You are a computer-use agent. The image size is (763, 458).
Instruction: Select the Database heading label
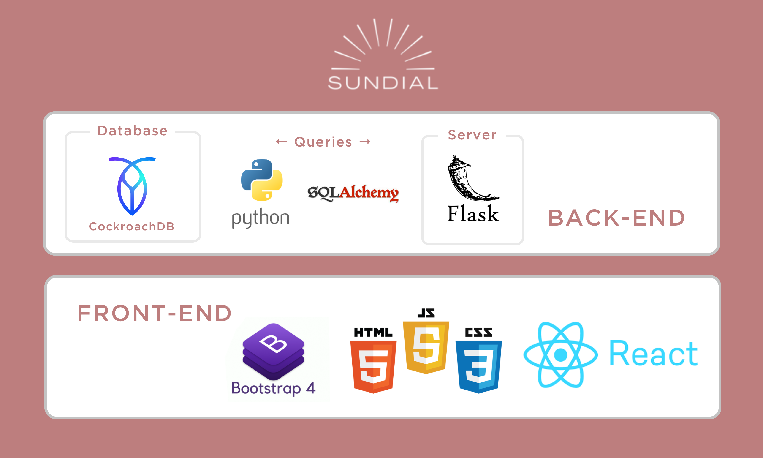pos(132,131)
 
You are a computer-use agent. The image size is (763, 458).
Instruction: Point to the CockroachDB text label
pos(132,226)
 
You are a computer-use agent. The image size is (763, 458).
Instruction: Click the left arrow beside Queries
pos(281,142)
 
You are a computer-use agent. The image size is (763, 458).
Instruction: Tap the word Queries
pos(323,142)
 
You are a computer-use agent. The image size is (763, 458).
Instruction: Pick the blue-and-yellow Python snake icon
pos(262,180)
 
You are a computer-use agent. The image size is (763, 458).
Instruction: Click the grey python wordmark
pos(261,218)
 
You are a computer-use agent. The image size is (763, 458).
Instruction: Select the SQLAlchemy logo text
pos(353,193)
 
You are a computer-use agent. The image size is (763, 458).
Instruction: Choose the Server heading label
pos(472,135)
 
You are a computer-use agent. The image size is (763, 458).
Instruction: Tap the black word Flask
pos(473,214)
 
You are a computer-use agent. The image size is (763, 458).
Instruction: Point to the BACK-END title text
pos(616,218)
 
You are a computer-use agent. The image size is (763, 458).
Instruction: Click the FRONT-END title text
pos(154,313)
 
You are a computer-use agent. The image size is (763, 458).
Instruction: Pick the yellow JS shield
pos(426,347)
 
